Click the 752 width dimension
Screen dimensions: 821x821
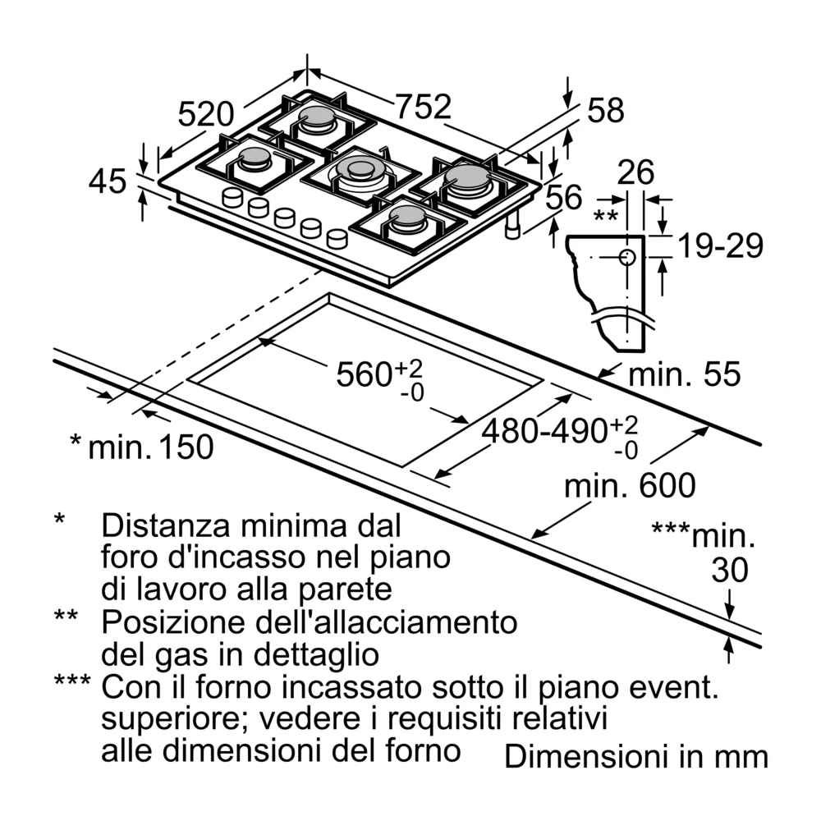coord(424,108)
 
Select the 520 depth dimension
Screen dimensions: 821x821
coord(207,114)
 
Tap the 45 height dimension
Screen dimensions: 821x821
coord(108,181)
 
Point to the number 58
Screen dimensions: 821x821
coord(606,111)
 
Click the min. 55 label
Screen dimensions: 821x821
coord(684,374)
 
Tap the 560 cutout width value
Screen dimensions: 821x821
coord(365,374)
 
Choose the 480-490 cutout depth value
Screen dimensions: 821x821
coord(543,430)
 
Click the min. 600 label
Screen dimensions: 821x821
coord(630,486)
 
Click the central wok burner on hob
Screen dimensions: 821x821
coord(360,171)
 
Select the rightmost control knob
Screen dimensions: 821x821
coord(337,239)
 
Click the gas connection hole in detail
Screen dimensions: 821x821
coord(627,257)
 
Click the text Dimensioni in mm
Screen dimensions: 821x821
coord(636,757)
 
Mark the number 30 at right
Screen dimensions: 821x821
coord(729,570)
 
